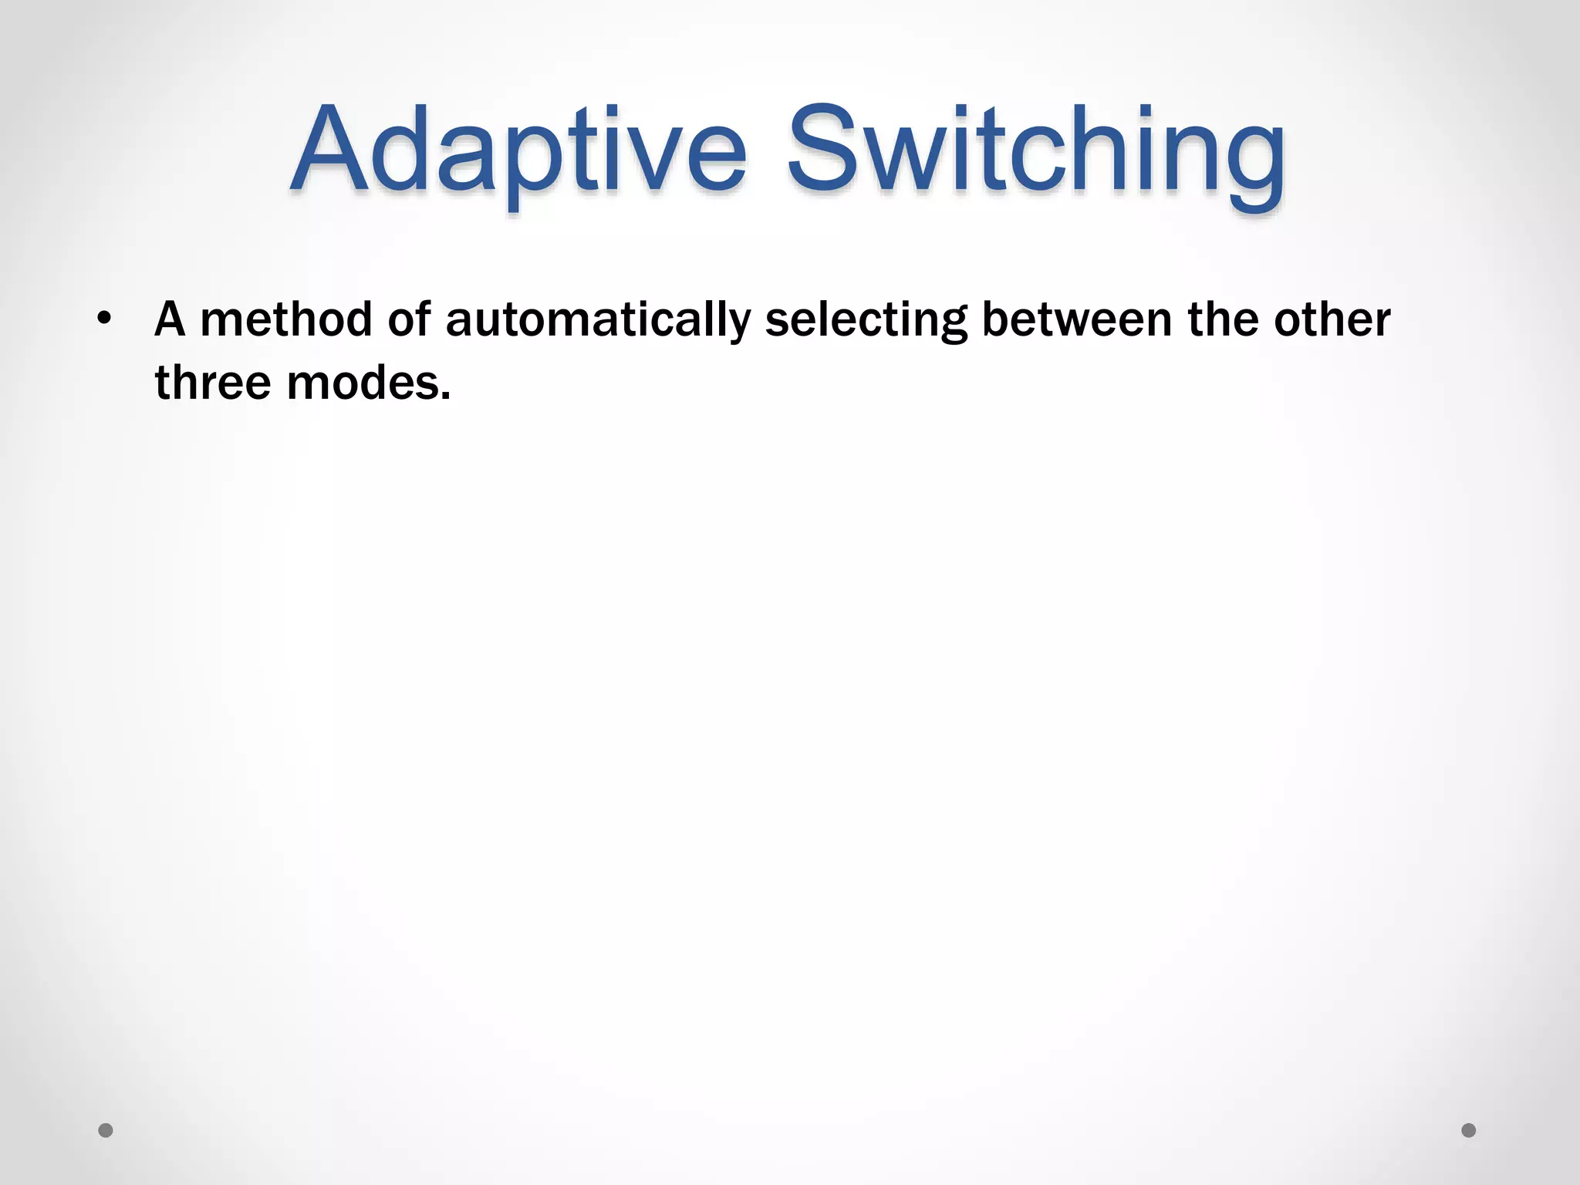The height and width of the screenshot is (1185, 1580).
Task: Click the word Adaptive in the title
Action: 518,150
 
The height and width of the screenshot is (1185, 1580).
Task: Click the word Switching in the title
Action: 1035,150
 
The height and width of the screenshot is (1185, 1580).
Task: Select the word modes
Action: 363,383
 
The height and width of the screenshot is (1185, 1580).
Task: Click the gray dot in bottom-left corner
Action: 106,1130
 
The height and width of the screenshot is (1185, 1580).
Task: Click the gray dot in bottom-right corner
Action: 1469,1130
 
